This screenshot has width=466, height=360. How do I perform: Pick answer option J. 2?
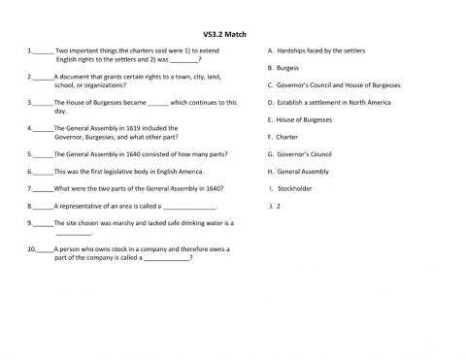278,206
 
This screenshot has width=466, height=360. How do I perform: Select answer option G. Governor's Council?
306,153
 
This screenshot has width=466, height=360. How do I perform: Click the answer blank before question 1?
44,50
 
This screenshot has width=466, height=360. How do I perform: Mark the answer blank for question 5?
44,153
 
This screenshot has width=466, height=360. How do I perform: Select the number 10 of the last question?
32,248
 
